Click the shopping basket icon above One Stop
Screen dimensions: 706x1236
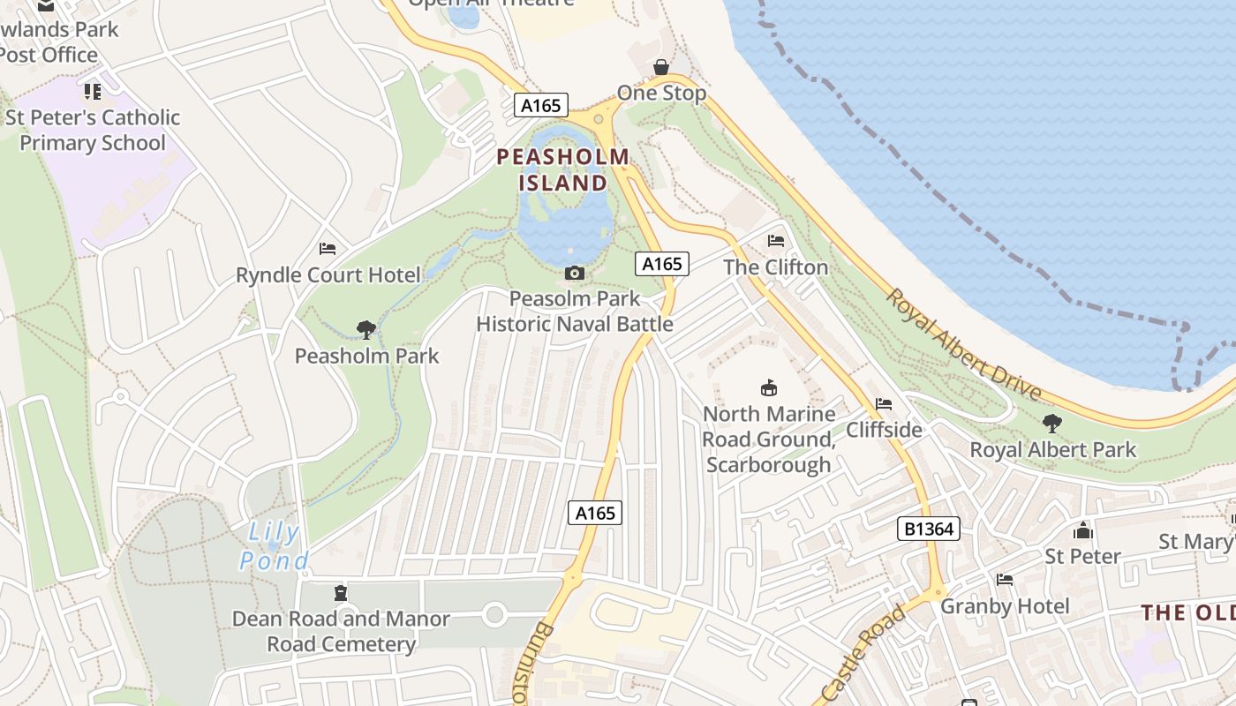point(660,67)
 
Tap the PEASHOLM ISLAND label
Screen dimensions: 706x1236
point(563,170)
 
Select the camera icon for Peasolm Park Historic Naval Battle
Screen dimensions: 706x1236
point(575,274)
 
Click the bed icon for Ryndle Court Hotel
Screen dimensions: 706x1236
point(328,249)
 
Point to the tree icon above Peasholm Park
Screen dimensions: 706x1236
point(366,330)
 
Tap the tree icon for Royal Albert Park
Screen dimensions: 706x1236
point(1052,424)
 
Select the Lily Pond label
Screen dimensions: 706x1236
point(275,546)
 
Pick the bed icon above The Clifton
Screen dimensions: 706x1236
point(776,241)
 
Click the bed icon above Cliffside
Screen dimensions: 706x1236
point(884,404)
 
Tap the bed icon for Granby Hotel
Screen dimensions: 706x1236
point(1005,580)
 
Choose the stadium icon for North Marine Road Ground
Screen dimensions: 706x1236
point(769,387)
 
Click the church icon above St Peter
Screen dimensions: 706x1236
point(1082,530)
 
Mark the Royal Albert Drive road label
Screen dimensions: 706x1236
point(964,345)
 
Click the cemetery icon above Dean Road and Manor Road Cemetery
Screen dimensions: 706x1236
point(341,592)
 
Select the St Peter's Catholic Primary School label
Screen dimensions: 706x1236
point(93,130)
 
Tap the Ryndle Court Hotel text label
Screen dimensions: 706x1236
point(328,275)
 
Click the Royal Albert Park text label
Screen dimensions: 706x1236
point(1053,450)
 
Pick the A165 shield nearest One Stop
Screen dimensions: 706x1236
point(540,105)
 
